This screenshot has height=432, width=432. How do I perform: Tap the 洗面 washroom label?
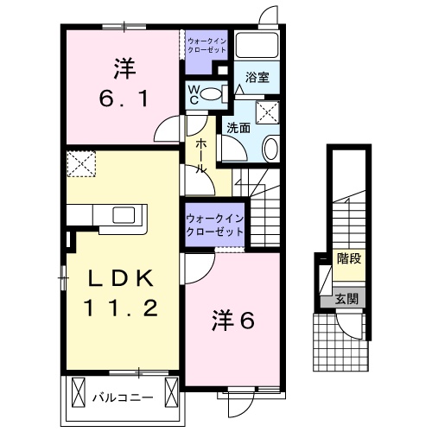point(238,127)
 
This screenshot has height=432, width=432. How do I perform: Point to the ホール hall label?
point(200,155)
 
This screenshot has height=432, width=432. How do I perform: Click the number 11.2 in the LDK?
point(121,308)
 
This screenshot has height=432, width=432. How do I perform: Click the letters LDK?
point(121,279)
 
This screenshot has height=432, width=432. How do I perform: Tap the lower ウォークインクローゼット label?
point(213,226)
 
